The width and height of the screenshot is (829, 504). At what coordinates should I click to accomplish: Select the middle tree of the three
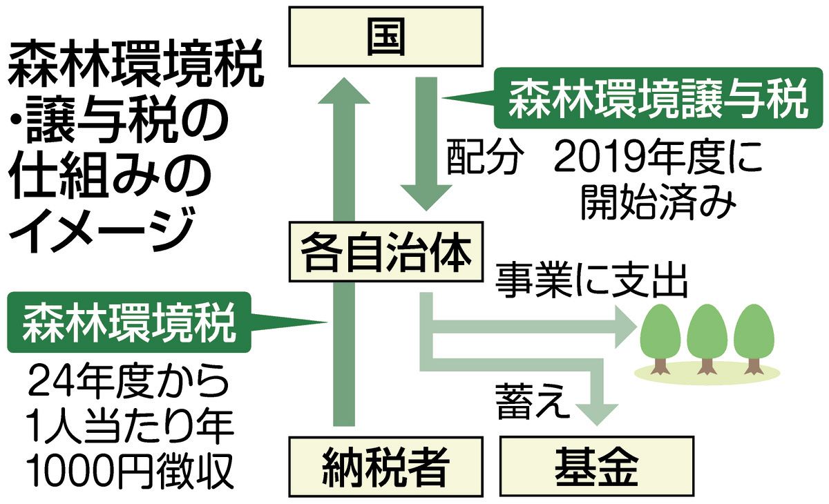click(709, 335)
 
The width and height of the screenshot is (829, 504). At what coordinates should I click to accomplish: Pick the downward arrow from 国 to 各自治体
click(424, 145)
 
